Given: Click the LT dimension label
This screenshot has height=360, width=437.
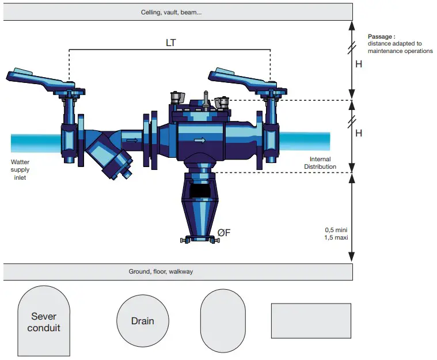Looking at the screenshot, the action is [171, 43].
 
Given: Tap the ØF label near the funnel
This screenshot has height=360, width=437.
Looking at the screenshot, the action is [224, 232].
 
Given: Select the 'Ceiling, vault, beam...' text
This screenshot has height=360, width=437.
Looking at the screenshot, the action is [171, 12].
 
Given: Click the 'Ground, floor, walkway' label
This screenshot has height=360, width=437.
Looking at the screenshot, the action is [161, 271].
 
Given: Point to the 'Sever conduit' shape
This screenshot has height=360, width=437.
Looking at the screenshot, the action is [44, 321].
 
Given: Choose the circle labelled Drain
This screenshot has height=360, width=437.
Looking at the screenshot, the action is [143, 321].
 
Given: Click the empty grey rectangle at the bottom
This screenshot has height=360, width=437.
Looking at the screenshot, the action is [311, 321].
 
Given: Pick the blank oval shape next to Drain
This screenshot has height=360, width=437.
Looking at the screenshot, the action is [223, 321].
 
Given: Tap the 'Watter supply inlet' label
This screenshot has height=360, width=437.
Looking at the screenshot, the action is [20, 169].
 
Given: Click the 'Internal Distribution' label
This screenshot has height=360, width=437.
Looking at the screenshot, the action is [320, 163].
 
